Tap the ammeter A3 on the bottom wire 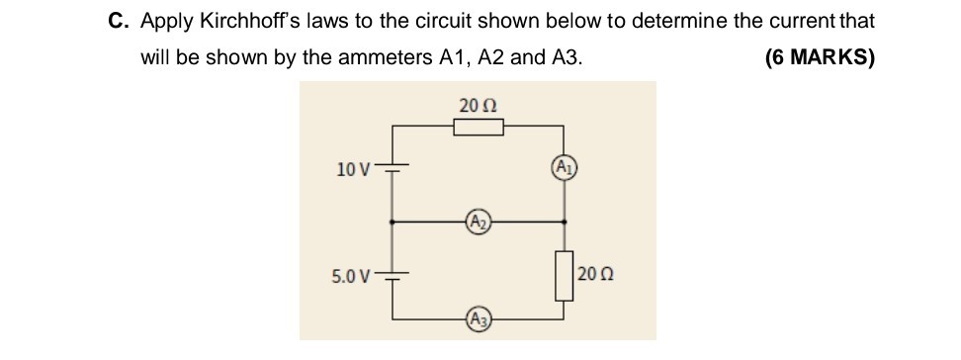coord(478,318)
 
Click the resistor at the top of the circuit coord(479,127)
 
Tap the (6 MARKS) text coord(820,57)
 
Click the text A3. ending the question coord(563,57)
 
